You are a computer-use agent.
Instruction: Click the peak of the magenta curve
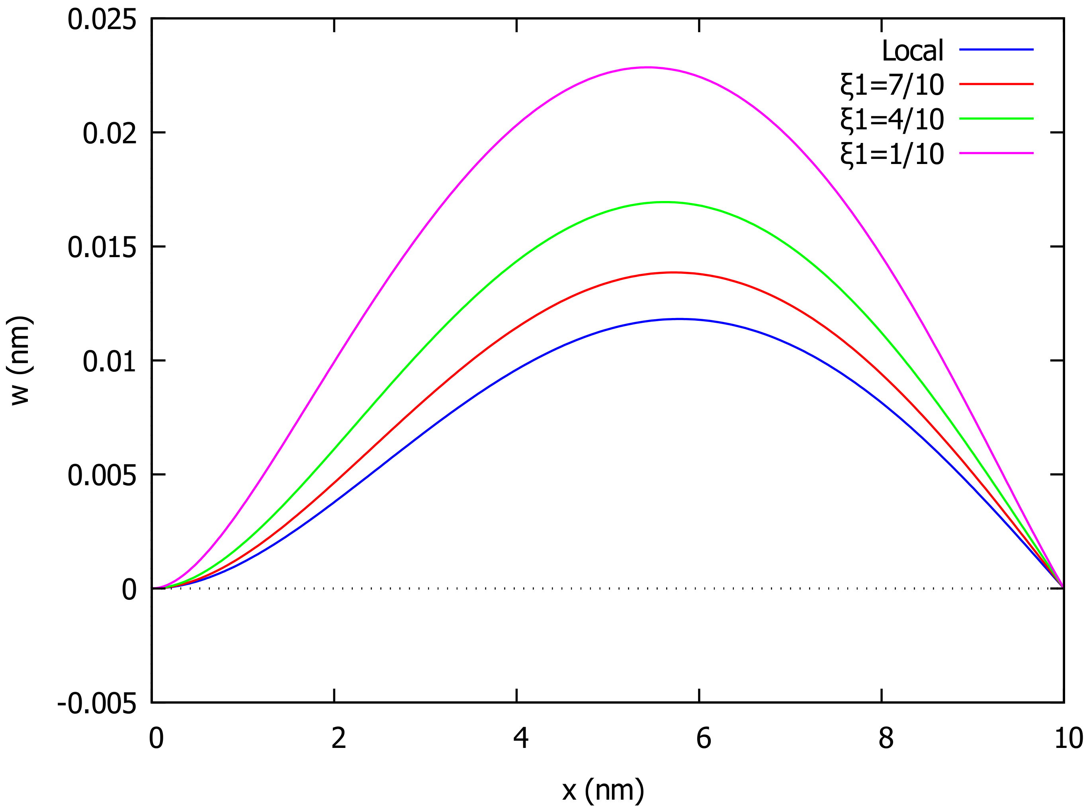click(647, 67)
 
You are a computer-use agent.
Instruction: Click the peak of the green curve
click(664, 202)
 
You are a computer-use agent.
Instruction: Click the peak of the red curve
click(673, 272)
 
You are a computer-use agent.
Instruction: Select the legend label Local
click(912, 50)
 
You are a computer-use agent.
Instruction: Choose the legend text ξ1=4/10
click(892, 119)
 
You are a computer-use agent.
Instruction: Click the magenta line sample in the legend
click(996, 153)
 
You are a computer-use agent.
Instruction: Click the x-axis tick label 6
click(703, 738)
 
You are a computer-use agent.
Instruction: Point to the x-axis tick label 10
click(1068, 738)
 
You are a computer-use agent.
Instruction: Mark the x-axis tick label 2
click(338, 738)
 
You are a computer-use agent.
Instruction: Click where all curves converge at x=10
click(1063, 588)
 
